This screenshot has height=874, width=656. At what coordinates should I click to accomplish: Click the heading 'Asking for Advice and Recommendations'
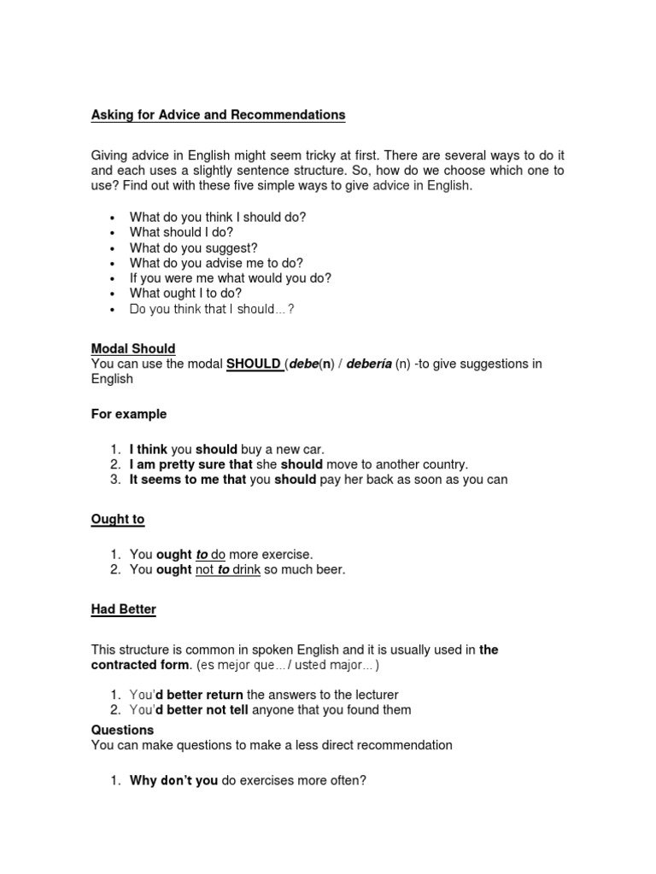pyautogui.click(x=218, y=114)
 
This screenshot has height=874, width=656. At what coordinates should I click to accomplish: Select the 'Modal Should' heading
pyautogui.click(x=133, y=348)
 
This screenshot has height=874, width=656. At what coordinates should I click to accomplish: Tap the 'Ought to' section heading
pyautogui.click(x=118, y=520)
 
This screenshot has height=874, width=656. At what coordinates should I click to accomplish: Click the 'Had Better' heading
pyautogui.click(x=124, y=609)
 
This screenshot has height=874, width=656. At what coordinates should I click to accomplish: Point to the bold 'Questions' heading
pyautogui.click(x=122, y=730)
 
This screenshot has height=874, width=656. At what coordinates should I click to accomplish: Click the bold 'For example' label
pyautogui.click(x=129, y=414)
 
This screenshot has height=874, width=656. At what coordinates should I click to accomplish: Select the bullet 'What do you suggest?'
pyautogui.click(x=193, y=248)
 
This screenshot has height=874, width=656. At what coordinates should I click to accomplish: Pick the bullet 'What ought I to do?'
pyautogui.click(x=185, y=293)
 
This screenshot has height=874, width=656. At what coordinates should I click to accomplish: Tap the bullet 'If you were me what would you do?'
pyautogui.click(x=230, y=278)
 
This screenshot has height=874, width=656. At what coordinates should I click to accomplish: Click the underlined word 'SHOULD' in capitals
pyautogui.click(x=254, y=364)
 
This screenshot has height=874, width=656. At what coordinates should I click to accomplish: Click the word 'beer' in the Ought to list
pyautogui.click(x=329, y=569)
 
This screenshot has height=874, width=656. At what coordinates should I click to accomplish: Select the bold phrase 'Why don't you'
pyautogui.click(x=173, y=779)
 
